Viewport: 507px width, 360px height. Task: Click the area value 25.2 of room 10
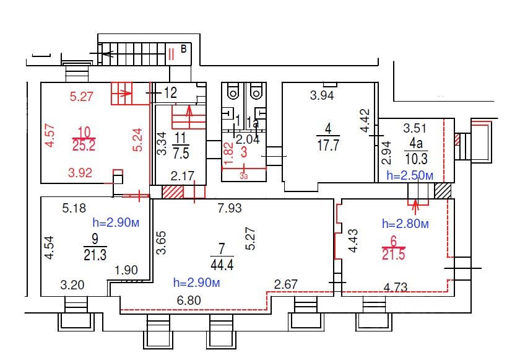pyautogui.click(x=83, y=147)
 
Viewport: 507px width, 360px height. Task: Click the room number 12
pyautogui.click(x=170, y=93)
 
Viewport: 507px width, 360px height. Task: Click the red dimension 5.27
pyautogui.click(x=82, y=96)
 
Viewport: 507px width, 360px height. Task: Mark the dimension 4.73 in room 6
pyautogui.click(x=396, y=287)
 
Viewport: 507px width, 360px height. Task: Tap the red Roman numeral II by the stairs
pyautogui.click(x=171, y=54)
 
